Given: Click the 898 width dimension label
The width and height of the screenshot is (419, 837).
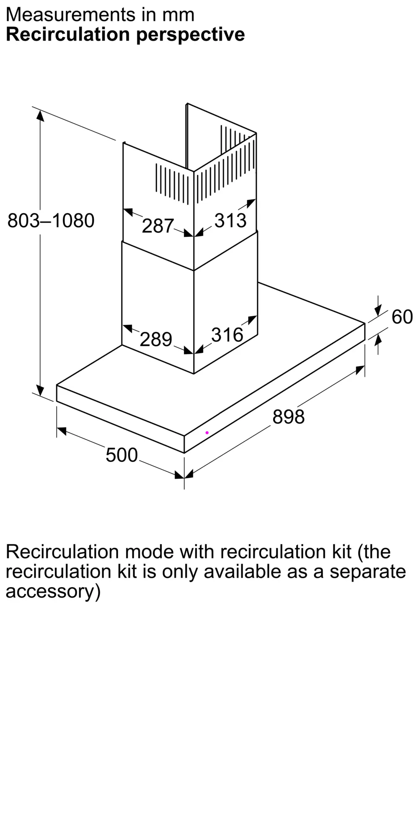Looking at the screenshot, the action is [x=288, y=417].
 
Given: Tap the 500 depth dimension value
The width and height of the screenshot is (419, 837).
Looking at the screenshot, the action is [x=122, y=455].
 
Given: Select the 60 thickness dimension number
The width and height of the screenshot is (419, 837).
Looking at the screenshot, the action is [x=402, y=317].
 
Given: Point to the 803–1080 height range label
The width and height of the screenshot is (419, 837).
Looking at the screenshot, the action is [x=51, y=221].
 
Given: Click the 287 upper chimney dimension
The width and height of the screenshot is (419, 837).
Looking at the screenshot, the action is [x=158, y=226].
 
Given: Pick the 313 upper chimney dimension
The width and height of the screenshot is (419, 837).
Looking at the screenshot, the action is [x=230, y=221].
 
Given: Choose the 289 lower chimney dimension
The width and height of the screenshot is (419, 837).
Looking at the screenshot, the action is [x=156, y=339].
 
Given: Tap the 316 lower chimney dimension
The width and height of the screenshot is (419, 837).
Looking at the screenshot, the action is [x=227, y=335].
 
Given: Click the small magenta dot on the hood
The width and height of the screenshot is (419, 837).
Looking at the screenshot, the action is [x=207, y=433].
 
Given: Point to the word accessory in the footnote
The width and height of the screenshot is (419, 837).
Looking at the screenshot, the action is [x=53, y=592].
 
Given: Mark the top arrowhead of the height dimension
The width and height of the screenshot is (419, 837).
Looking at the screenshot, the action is [x=40, y=116].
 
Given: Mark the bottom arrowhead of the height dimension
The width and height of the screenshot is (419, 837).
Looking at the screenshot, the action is [x=40, y=390].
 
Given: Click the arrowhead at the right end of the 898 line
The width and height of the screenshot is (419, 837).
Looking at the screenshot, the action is [x=360, y=370].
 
